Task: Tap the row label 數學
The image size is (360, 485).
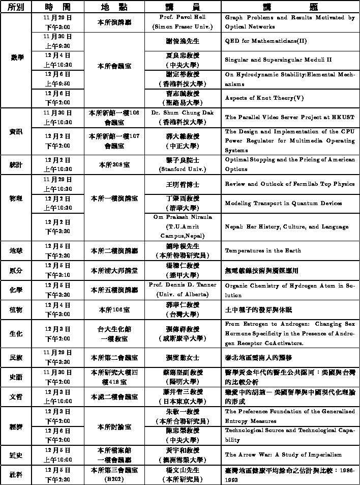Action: point(17,58)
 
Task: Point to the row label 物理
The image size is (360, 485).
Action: point(16,198)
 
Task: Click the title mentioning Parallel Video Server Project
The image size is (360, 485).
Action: point(289,117)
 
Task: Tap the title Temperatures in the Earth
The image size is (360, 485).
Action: point(263,251)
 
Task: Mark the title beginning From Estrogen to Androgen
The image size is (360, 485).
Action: point(289,333)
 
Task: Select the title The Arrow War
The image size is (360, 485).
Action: point(283,454)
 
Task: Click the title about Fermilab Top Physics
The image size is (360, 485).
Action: point(289,184)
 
